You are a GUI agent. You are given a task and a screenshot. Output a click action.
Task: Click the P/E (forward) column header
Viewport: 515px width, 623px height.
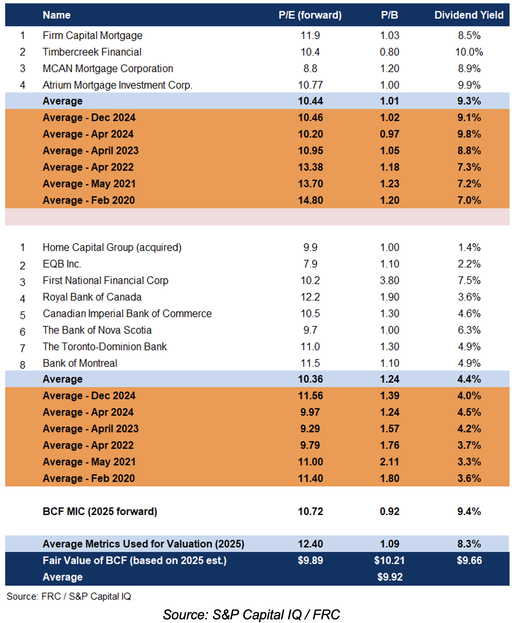pos(310,15)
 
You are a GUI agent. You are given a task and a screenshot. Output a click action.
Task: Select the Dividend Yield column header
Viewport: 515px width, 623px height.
pos(469,15)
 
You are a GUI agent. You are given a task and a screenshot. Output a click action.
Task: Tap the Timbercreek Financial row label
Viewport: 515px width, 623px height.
pos(92,52)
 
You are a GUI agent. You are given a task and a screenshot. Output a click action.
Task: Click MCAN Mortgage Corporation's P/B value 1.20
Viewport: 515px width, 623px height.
pos(389,68)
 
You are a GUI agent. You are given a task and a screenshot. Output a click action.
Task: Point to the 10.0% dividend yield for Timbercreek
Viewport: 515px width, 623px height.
pos(469,52)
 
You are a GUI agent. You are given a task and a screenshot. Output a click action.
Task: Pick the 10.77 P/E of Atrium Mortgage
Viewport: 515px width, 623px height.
pos(310,85)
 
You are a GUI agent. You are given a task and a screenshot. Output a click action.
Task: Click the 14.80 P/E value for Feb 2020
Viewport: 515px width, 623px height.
pos(310,200)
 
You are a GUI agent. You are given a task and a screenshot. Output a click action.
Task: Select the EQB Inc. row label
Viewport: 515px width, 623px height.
pos(62,264)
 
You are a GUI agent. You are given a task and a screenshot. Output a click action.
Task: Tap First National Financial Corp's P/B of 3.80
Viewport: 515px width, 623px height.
pos(389,281)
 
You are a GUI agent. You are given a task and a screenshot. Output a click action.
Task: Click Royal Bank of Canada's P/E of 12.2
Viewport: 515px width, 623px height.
pos(310,297)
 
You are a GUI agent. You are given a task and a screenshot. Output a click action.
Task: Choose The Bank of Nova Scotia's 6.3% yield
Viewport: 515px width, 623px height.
pos(469,330)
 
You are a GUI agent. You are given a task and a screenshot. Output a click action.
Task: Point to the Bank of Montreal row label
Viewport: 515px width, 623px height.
pos(80,363)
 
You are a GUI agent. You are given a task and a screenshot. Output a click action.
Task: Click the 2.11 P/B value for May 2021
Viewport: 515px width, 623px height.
pos(389,462)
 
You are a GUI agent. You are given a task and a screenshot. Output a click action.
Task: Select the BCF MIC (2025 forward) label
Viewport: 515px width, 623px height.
pos(100,511)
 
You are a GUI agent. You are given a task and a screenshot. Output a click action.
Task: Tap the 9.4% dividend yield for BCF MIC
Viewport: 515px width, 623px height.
pos(469,511)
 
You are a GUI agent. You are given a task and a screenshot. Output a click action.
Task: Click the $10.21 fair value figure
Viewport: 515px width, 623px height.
pos(389,560)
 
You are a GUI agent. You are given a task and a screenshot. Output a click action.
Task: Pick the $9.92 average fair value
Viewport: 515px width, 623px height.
pos(389,577)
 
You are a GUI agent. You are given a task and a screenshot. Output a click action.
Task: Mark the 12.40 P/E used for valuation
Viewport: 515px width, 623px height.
pos(310,544)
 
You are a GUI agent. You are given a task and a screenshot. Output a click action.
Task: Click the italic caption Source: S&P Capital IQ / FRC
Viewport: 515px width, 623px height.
pos(251,614)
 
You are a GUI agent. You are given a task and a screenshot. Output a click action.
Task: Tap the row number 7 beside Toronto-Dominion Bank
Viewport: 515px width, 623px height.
pos(23,348)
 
